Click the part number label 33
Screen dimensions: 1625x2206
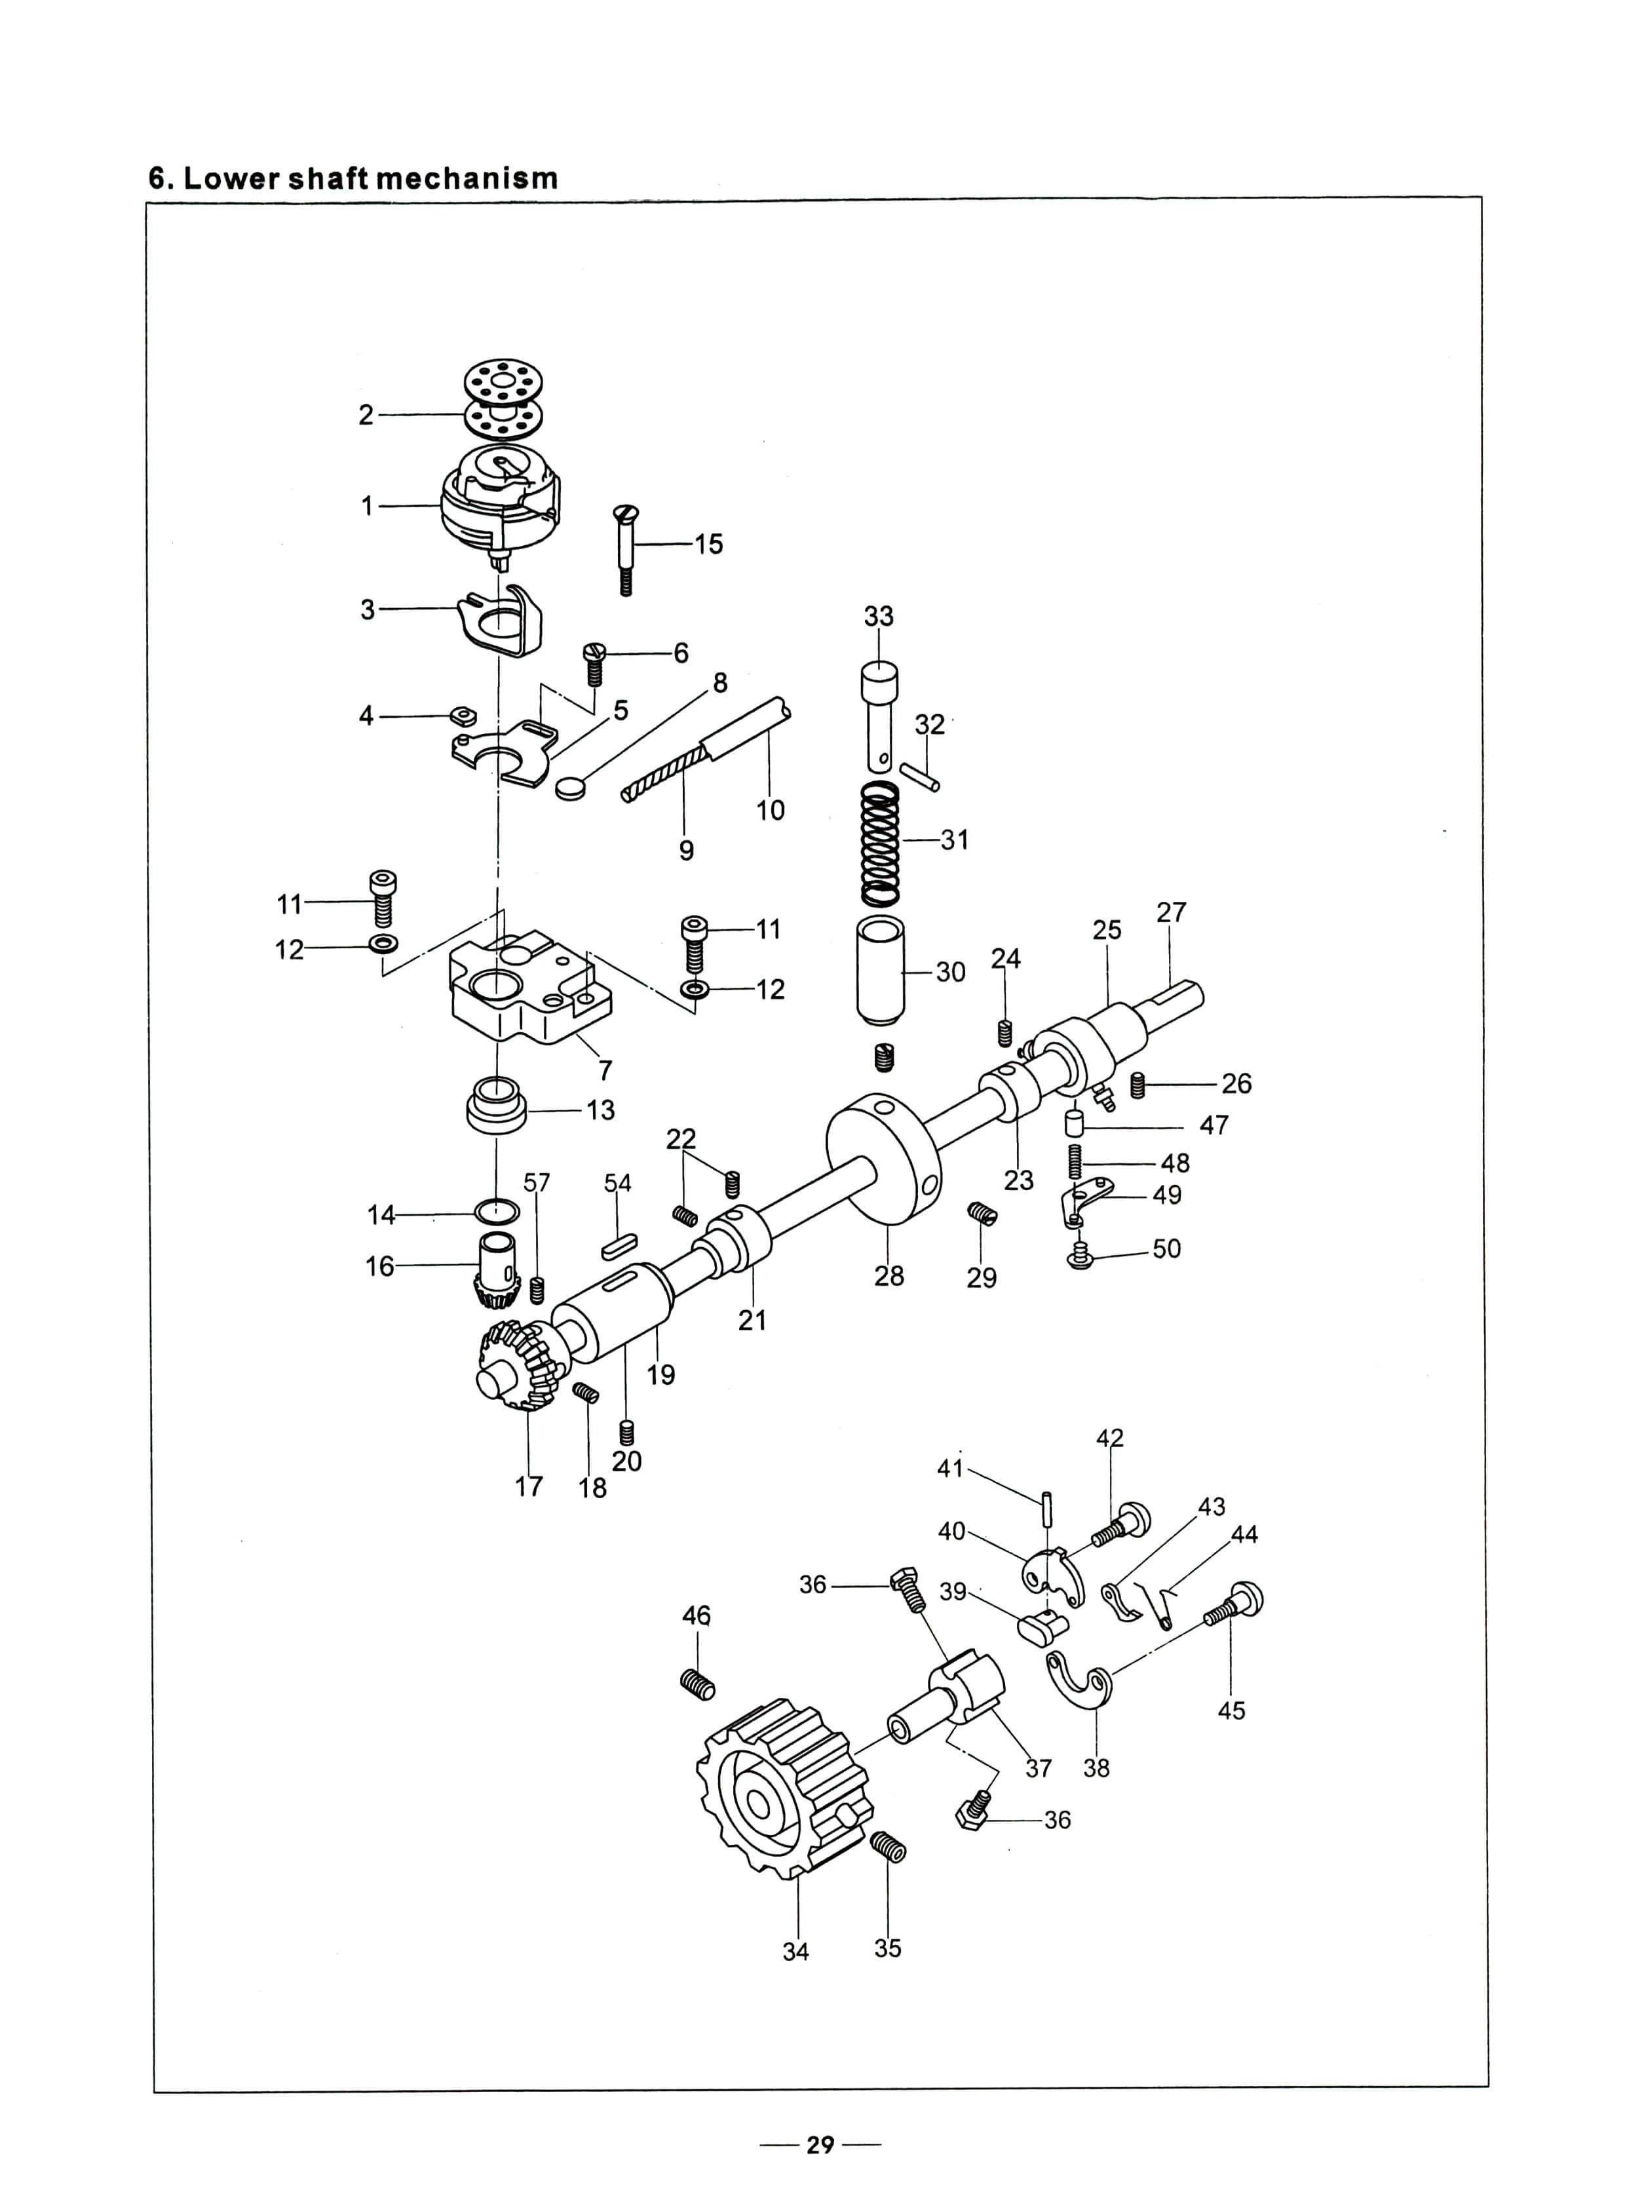tap(879, 616)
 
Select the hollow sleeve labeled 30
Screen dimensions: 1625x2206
tap(881, 970)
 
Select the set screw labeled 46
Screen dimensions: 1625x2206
tap(697, 1684)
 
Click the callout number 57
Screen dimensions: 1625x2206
tap(537, 1182)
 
